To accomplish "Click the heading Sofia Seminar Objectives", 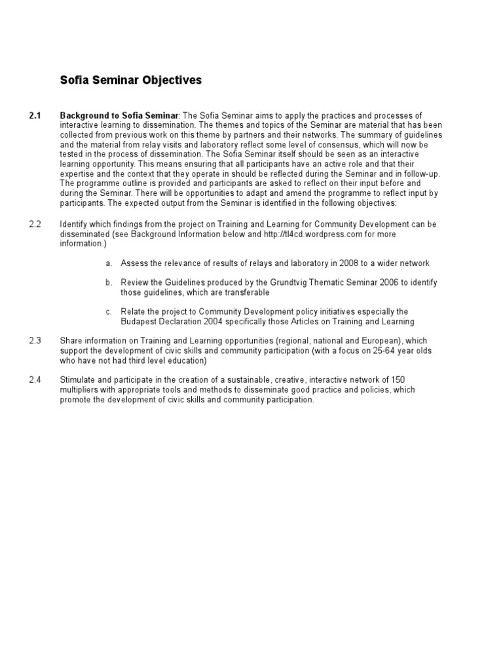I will (x=131, y=81).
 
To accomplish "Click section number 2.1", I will (x=35, y=116).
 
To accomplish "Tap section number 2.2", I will (x=35, y=224).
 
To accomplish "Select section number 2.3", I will (x=35, y=341).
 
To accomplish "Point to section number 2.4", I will (x=35, y=380).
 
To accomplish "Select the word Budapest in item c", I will (x=139, y=322).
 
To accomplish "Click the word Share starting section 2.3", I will (x=71, y=341).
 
